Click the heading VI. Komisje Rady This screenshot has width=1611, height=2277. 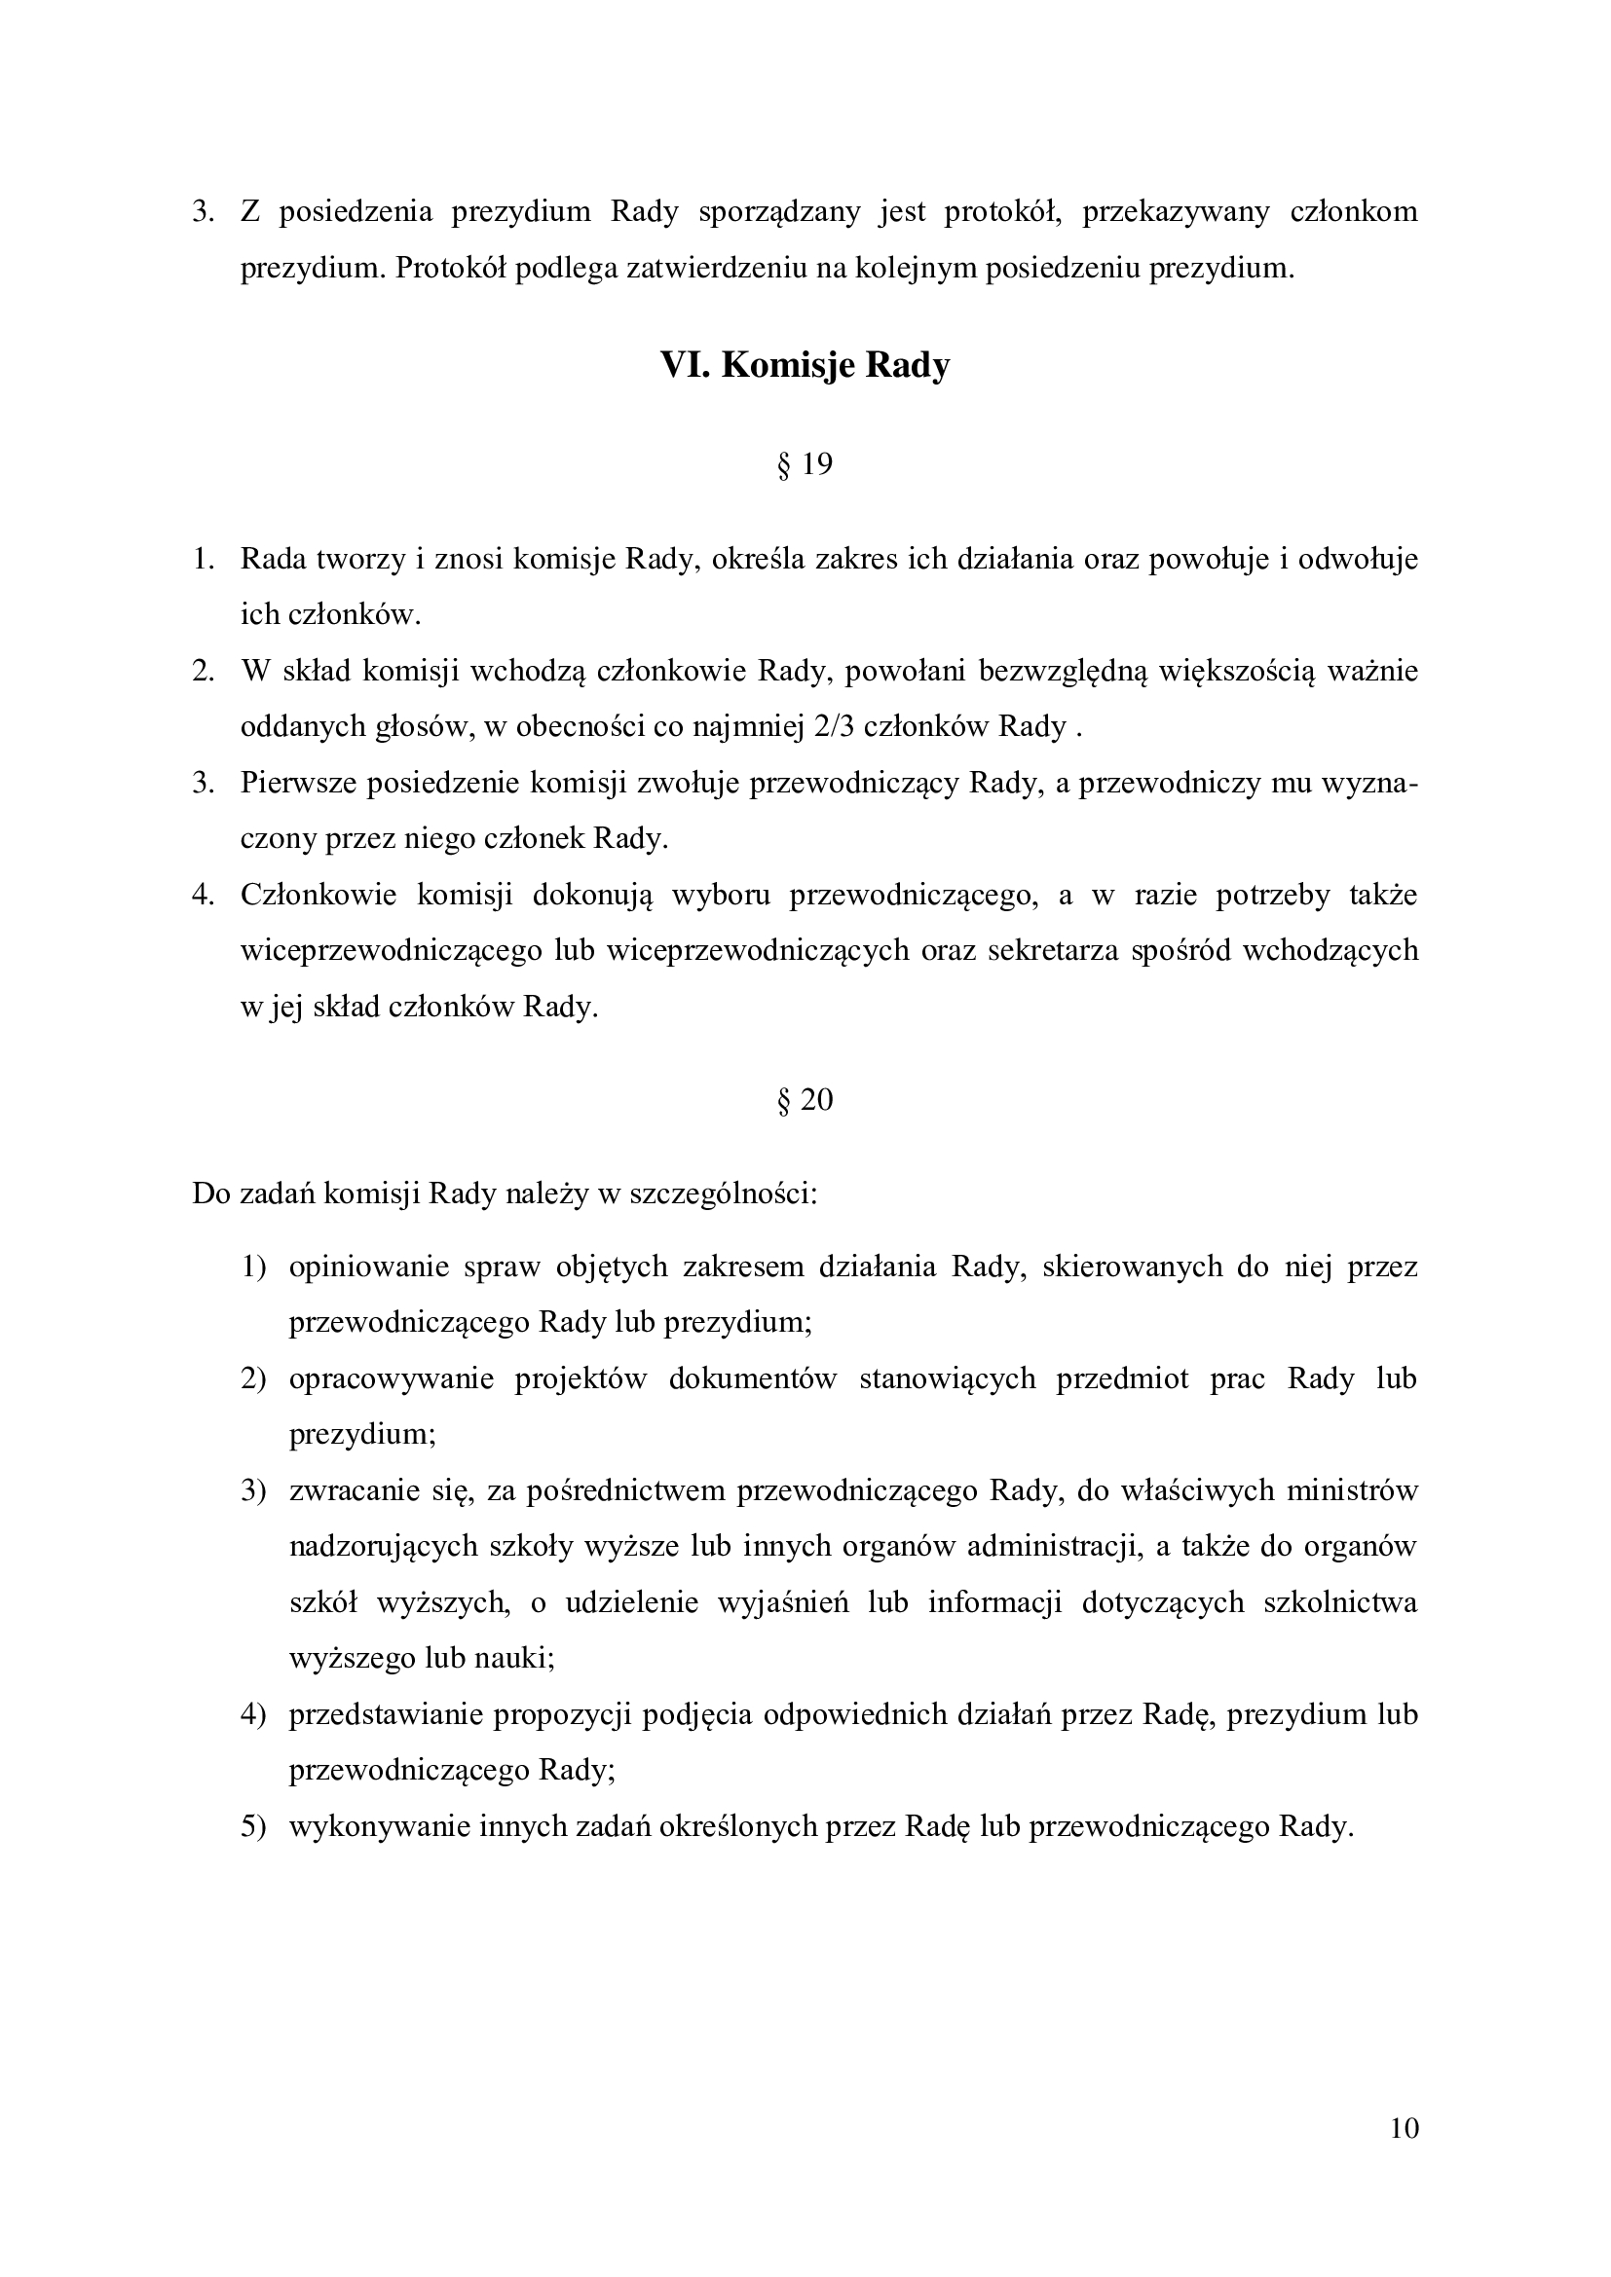point(805,366)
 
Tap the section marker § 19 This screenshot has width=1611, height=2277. point(805,464)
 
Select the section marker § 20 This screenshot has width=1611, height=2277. point(805,1100)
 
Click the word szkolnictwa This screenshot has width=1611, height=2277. point(1340,1602)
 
